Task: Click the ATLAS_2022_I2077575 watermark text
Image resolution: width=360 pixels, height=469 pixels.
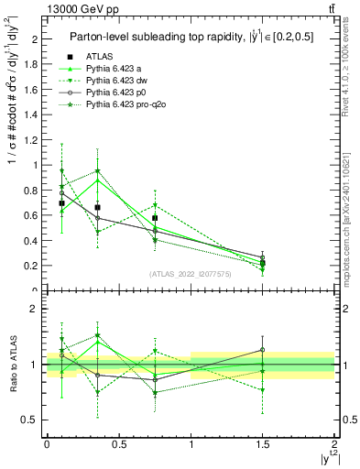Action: coord(191,273)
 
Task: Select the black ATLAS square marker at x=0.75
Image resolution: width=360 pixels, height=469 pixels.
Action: coord(156,218)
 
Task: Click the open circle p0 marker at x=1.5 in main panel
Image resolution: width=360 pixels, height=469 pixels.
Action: coord(263,257)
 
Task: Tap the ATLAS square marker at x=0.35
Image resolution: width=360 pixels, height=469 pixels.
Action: coord(97,207)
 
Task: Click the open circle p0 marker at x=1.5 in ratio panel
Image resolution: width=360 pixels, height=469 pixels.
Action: coord(263,349)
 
